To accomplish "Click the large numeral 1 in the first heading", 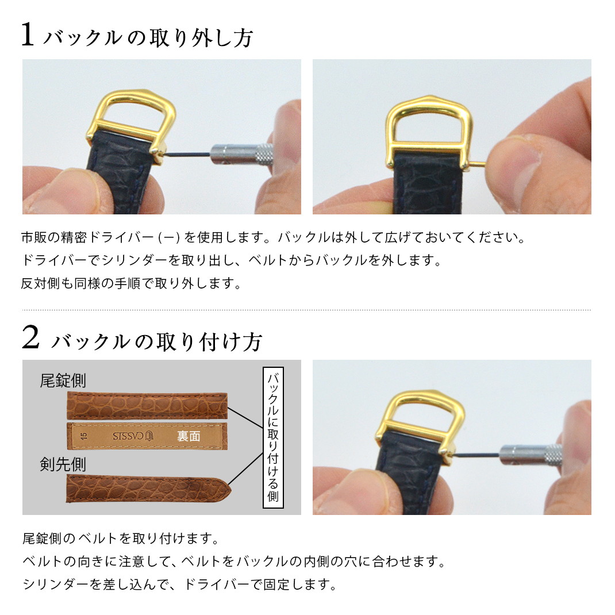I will tap(28, 35).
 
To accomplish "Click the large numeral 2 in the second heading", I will tap(30, 338).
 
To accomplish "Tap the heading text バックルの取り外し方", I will tap(148, 38).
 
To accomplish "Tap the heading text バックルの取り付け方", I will tap(156, 341).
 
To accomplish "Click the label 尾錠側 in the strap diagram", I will tap(63, 380).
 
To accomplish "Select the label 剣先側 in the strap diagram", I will tap(63, 464).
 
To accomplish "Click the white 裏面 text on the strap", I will tap(189, 436).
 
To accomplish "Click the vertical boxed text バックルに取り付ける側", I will tap(273, 437).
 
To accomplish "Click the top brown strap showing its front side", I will tap(147, 405).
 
